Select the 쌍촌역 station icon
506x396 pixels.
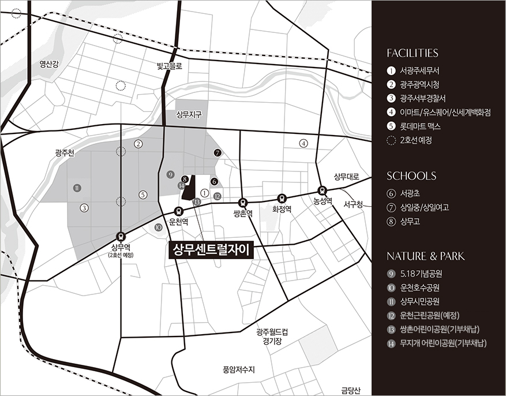point(243,203)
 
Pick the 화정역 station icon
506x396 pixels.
point(282,197)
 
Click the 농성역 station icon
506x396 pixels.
point(323,190)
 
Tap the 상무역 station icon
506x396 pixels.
point(121,236)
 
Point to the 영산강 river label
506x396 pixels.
point(49,63)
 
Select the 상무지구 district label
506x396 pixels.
point(189,115)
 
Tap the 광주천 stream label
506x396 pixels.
point(65,153)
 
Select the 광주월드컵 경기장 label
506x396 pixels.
point(269,337)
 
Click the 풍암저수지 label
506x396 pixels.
point(238,369)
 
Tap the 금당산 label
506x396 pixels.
point(350,390)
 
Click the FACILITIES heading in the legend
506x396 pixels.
point(413,53)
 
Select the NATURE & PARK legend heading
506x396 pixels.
point(425,256)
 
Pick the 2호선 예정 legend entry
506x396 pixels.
point(415,140)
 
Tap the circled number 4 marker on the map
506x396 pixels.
point(303,143)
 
